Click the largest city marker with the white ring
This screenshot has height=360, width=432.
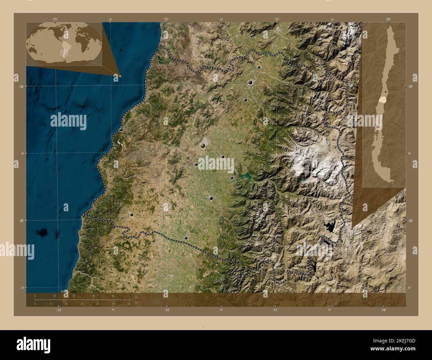(x=203, y=145)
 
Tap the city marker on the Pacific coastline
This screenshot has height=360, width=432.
(x=121, y=130)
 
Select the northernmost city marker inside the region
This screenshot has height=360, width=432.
(x=259, y=67)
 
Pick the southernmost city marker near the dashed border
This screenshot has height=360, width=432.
(x=186, y=238)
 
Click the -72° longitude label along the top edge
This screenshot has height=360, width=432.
(x=165, y=20)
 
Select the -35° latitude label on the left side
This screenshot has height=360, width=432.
(x=22, y=86)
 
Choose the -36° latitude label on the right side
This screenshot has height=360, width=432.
(x=410, y=221)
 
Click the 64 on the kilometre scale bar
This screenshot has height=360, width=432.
(x=113, y=296)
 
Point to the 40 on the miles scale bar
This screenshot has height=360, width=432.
(x=113, y=304)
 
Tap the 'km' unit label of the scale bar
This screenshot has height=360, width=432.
(x=137, y=297)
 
